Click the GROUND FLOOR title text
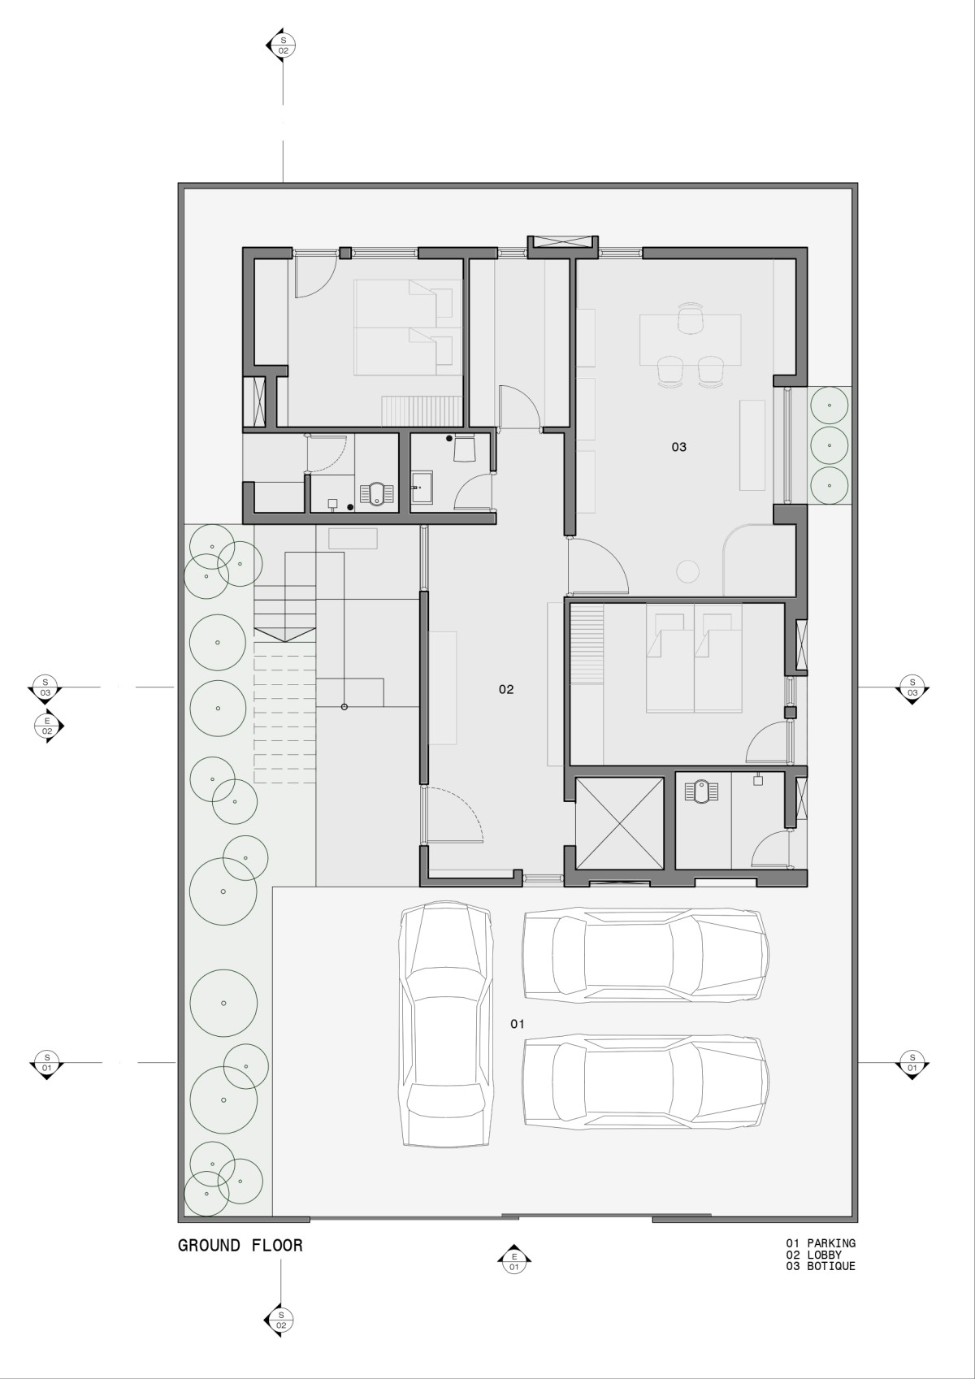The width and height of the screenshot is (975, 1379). pos(240,1246)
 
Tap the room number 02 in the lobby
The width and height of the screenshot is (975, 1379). pos(506,689)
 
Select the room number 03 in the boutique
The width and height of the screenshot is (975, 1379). pos(679,447)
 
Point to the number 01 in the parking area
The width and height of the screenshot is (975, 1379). pos(518,1024)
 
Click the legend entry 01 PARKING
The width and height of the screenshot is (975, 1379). pos(821,1243)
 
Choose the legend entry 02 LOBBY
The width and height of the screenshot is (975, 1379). pos(813,1255)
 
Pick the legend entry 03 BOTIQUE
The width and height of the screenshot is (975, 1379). pos(821,1266)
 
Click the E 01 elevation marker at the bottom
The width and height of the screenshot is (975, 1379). pos(514,1262)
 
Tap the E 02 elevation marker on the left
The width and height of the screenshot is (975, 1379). pos(48,726)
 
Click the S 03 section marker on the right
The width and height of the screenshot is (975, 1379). pos(912,687)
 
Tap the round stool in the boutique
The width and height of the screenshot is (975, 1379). pos(688,570)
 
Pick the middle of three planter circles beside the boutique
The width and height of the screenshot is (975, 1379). pos(829,445)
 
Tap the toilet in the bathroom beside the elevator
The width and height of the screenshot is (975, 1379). pos(702,791)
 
